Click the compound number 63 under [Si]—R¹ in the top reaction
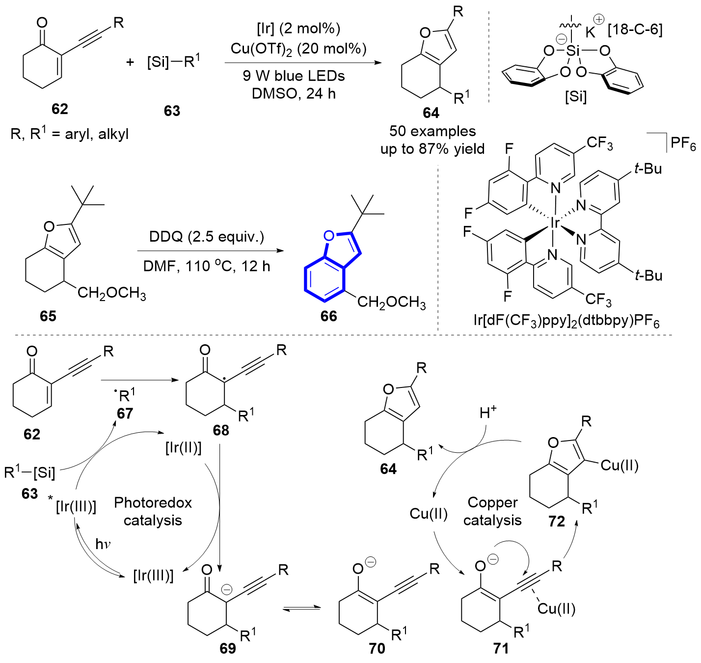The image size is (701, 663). [x=172, y=111]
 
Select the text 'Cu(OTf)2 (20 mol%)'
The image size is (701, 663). [x=298, y=49]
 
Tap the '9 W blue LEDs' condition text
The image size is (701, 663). [x=294, y=76]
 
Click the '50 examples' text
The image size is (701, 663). [x=432, y=131]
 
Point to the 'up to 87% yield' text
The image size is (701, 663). [x=432, y=149]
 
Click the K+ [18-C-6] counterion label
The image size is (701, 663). [x=623, y=29]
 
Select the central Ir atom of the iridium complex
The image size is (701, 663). [x=555, y=223]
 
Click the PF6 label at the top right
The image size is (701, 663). [x=683, y=143]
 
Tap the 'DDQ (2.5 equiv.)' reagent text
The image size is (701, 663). [x=207, y=237]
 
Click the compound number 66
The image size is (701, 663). [x=328, y=316]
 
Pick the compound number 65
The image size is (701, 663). [x=48, y=316]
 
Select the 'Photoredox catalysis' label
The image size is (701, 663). [x=153, y=511]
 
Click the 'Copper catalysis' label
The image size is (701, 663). [x=492, y=511]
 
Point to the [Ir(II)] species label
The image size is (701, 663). [x=184, y=448]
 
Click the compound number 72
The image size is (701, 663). [x=557, y=521]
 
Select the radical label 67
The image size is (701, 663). [x=125, y=414]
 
